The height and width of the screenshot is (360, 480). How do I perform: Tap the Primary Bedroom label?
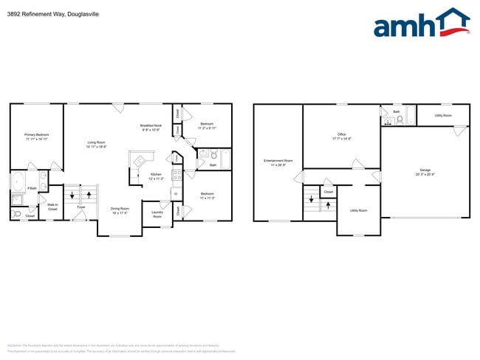pyautogui.click(x=36, y=136)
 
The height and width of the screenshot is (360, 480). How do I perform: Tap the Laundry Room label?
pyautogui.click(x=157, y=215)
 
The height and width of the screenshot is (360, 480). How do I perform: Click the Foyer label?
pyautogui.click(x=81, y=207)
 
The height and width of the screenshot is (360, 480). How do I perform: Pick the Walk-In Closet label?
pyautogui.click(x=52, y=207)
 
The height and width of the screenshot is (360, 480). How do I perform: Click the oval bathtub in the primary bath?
pyautogui.click(x=18, y=182)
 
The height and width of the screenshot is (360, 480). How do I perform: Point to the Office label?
pyautogui.click(x=342, y=136)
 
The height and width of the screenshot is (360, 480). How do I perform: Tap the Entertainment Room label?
pyautogui.click(x=278, y=162)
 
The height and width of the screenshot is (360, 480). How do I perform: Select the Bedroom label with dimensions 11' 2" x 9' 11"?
pyautogui.click(x=207, y=125)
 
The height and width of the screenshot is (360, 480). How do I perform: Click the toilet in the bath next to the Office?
pyautogui.click(x=400, y=120)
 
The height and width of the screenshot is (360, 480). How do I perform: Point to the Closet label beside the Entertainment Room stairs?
pyautogui.click(x=329, y=192)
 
